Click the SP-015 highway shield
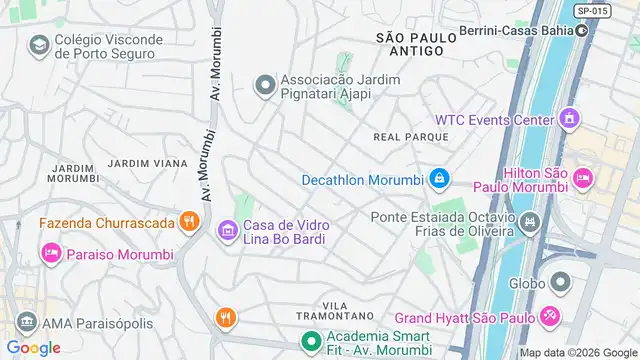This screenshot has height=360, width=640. tap(591, 10)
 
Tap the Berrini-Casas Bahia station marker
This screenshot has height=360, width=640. tap(581, 30)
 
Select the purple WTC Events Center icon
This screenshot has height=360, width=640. tap(570, 120)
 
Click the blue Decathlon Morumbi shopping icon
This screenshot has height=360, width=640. tap(438, 180)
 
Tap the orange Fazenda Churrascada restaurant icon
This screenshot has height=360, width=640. tap(187, 222)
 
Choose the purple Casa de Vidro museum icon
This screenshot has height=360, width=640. tap(227, 232)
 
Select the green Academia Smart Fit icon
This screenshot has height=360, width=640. tap(311, 342)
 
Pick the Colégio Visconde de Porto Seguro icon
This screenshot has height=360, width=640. tap(39, 45)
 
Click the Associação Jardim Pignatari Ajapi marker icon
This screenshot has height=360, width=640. tap(265, 86)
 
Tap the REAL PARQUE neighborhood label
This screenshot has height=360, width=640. tap(401, 136)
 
